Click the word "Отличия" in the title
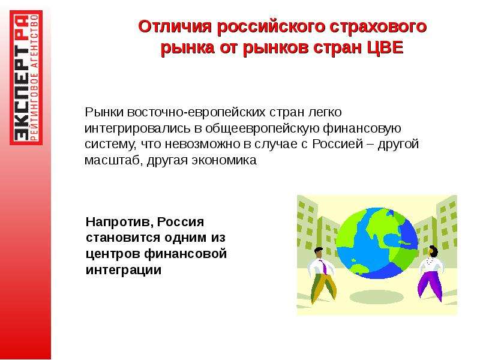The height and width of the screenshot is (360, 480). coord(175,26)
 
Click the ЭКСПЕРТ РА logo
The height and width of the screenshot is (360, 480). coord(26,77)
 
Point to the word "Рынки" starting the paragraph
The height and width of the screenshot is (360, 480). coord(104,112)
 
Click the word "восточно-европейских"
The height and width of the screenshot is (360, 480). coord(196,112)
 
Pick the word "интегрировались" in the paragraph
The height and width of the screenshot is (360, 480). coord(137,128)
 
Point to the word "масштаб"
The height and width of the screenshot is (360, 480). coord(112,160)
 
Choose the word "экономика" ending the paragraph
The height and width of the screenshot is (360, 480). coord(224,160)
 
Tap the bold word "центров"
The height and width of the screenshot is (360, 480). coord(112,254)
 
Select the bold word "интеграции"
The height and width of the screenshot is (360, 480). coord(124,270)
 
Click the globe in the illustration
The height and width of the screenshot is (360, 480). coord(377,244)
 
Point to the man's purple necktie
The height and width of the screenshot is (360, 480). coord(323,266)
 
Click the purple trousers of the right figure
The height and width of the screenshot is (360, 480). coord(430,284)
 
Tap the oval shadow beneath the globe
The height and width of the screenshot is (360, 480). coord(376,296)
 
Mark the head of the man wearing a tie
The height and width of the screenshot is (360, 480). coord(319,253)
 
